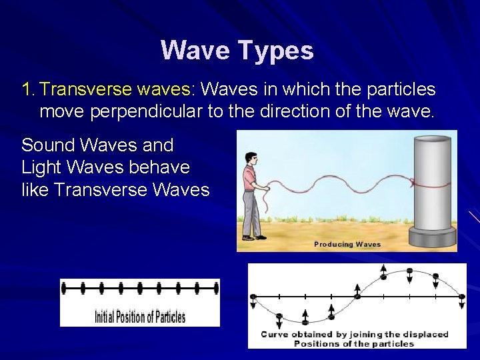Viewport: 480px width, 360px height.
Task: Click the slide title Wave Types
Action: click(x=237, y=51)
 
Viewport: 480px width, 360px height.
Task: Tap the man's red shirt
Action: click(x=249, y=179)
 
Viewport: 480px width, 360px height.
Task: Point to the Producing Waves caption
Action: click(x=347, y=245)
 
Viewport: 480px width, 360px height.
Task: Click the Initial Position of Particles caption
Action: click(x=140, y=317)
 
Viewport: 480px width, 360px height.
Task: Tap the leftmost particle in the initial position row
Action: click(x=64, y=288)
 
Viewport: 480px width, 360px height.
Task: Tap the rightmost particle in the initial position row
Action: click(x=216, y=288)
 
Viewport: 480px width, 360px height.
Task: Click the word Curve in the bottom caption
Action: click(x=274, y=335)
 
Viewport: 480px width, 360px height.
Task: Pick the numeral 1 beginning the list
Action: click(x=27, y=89)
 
